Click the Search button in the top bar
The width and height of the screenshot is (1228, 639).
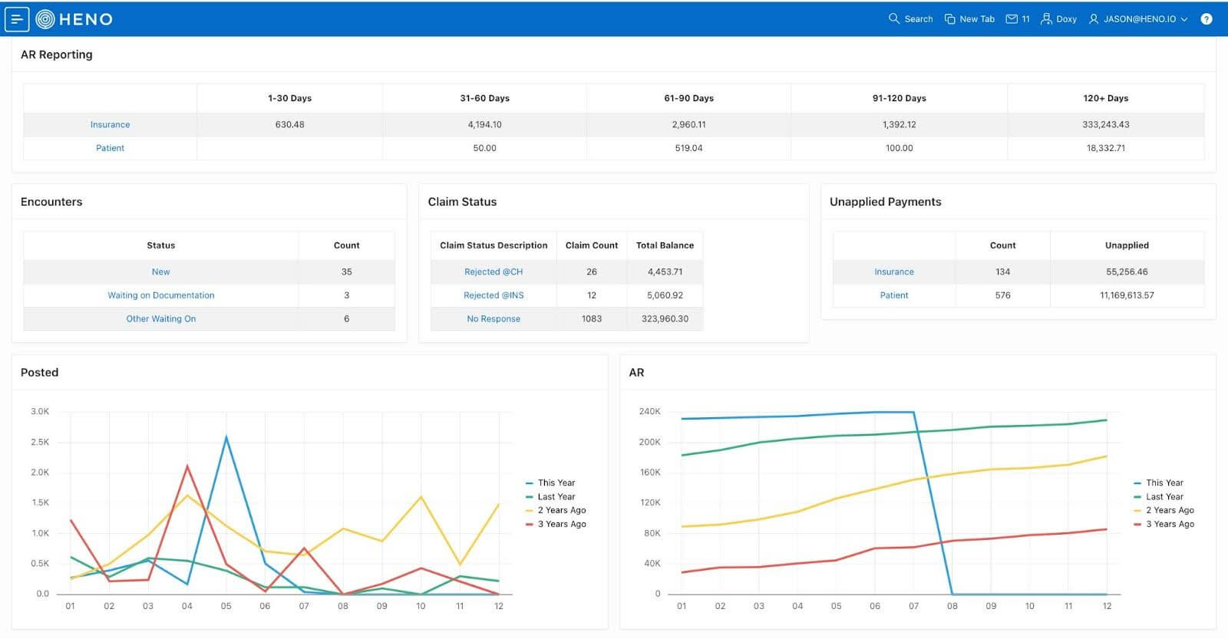tap(910, 19)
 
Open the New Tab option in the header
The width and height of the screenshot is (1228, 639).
tap(969, 19)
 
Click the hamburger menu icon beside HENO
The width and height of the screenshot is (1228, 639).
tap(17, 19)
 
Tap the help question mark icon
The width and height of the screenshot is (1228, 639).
tap(1207, 19)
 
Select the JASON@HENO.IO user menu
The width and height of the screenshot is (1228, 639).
tap(1138, 19)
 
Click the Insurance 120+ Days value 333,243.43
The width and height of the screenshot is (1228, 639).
tap(1105, 124)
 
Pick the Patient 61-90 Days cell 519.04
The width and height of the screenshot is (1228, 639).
tap(688, 148)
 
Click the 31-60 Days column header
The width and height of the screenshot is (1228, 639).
tap(484, 98)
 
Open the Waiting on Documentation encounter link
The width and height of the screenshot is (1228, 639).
tap(160, 295)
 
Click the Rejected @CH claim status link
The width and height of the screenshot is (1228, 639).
tap(494, 272)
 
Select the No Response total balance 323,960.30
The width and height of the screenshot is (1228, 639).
tap(665, 319)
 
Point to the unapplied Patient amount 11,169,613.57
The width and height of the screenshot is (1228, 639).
tap(1127, 295)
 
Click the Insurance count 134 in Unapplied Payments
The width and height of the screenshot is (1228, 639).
tap(1002, 272)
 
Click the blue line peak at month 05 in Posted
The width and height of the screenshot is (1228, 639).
tap(226, 437)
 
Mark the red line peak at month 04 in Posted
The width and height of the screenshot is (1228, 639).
tap(187, 466)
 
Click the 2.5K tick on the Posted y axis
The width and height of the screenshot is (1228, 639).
tap(40, 442)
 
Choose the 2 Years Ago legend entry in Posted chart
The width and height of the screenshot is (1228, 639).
tap(561, 510)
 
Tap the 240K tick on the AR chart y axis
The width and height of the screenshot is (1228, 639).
tap(649, 412)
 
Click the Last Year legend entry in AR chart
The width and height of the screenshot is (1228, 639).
tap(1164, 496)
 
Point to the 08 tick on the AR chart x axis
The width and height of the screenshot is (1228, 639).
tap(952, 606)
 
